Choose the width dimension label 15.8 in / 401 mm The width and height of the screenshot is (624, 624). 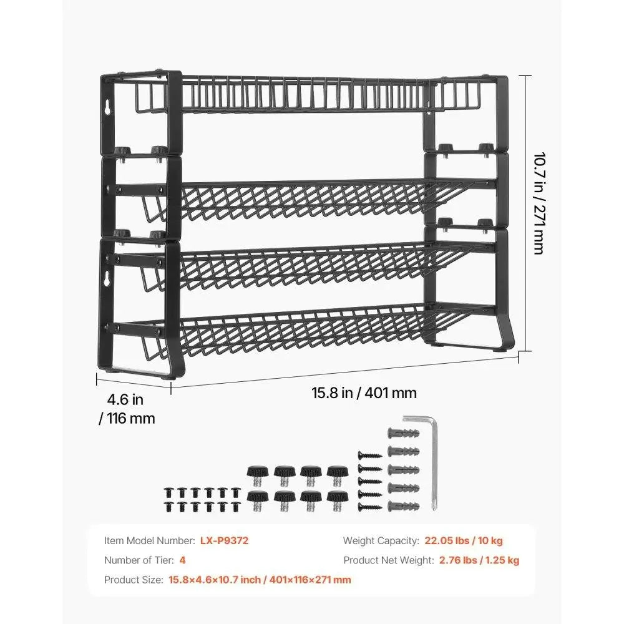[364, 393]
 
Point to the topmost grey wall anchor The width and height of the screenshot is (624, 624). [399, 432]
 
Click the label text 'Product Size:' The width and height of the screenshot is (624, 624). [132, 580]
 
